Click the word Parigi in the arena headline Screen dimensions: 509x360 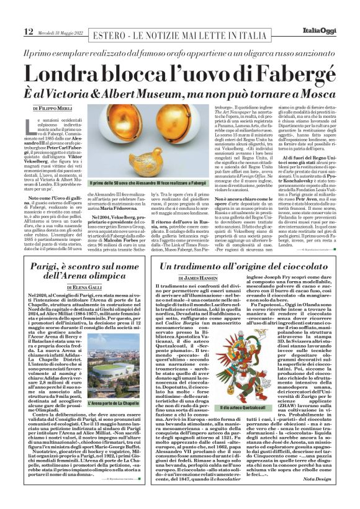[54, 268]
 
